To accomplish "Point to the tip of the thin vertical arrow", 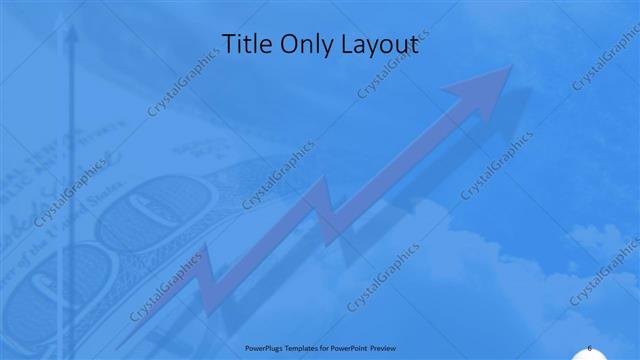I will [70, 27].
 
